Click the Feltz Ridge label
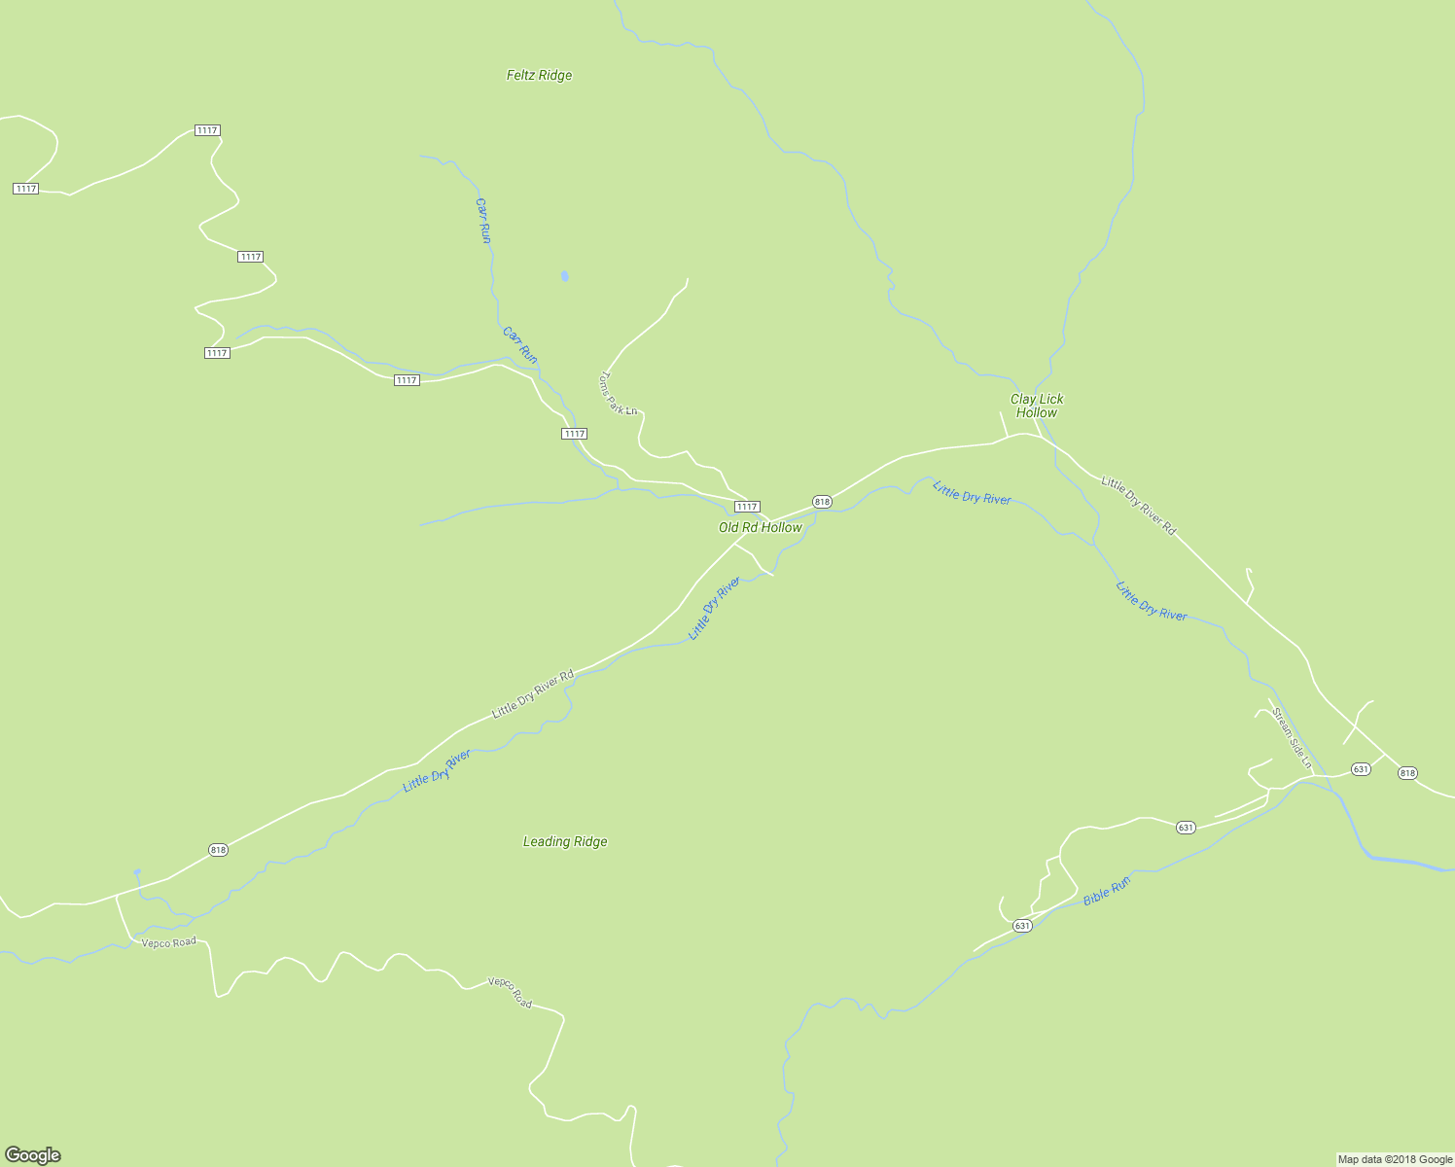(539, 76)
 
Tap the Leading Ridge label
(565, 842)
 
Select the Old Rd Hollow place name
(761, 528)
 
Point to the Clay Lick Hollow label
(1037, 406)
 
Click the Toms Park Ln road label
(617, 393)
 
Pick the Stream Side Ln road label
(1292, 738)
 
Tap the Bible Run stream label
(1107, 891)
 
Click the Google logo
(32, 1155)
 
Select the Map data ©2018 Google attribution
(1395, 1159)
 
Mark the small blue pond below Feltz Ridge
(565, 277)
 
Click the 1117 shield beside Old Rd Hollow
(746, 507)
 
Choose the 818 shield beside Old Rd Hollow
(822, 502)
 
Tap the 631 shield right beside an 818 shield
(1361, 769)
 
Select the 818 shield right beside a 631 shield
(1407, 773)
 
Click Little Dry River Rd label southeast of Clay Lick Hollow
(1138, 506)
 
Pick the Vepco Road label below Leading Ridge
(511, 992)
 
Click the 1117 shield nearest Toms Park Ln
(574, 434)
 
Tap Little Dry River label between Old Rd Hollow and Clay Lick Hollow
(972, 493)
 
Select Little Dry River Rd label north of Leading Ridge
(533, 694)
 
